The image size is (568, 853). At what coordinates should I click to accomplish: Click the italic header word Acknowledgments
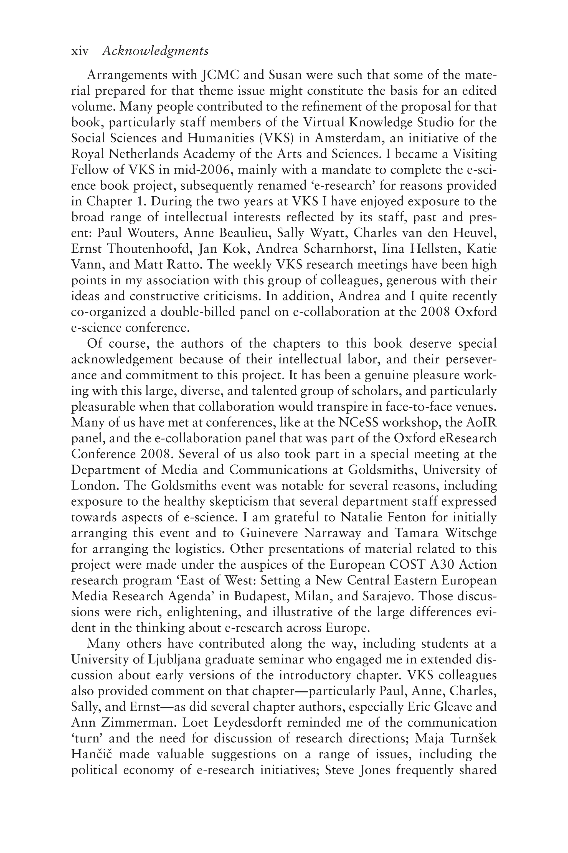point(155,51)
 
